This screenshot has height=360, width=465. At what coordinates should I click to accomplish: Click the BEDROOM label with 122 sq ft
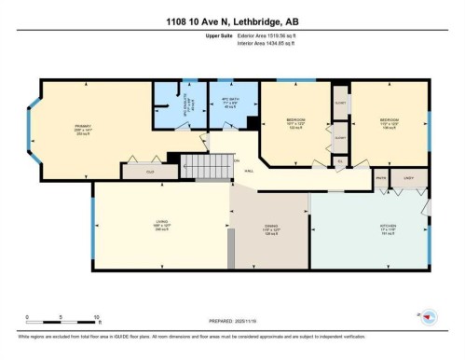(294, 122)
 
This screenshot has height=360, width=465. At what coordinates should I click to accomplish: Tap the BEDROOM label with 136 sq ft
(389, 122)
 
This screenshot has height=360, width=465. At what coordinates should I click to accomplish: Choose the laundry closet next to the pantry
(407, 178)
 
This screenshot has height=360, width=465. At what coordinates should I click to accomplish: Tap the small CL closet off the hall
(340, 161)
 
